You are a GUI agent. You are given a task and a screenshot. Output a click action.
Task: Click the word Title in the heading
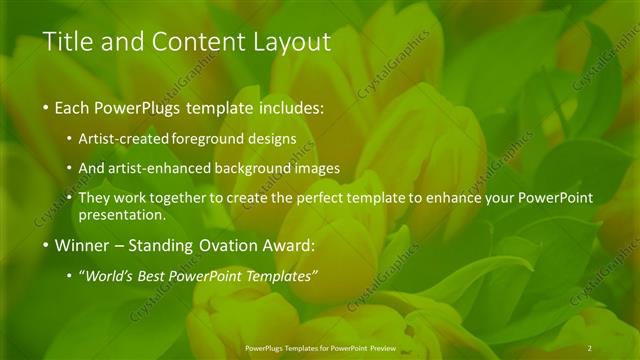coord(67,42)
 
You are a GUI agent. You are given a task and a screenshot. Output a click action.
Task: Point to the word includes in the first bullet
coord(289,107)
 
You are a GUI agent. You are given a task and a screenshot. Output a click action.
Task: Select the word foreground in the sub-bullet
coord(208,138)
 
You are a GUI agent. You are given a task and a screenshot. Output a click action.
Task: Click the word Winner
coord(83,245)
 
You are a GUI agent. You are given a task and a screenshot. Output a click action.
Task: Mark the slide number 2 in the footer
coord(590,347)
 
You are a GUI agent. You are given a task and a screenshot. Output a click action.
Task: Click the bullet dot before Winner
coord(45,245)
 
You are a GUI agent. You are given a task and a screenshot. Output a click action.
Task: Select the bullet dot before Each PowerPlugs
coord(45,107)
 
